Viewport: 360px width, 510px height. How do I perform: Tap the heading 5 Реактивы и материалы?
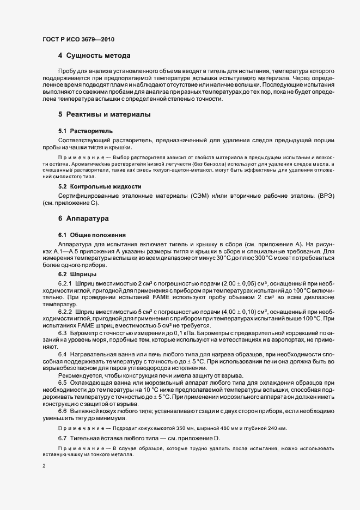[104, 115]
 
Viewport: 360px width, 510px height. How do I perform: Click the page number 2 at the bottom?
[44, 466]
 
